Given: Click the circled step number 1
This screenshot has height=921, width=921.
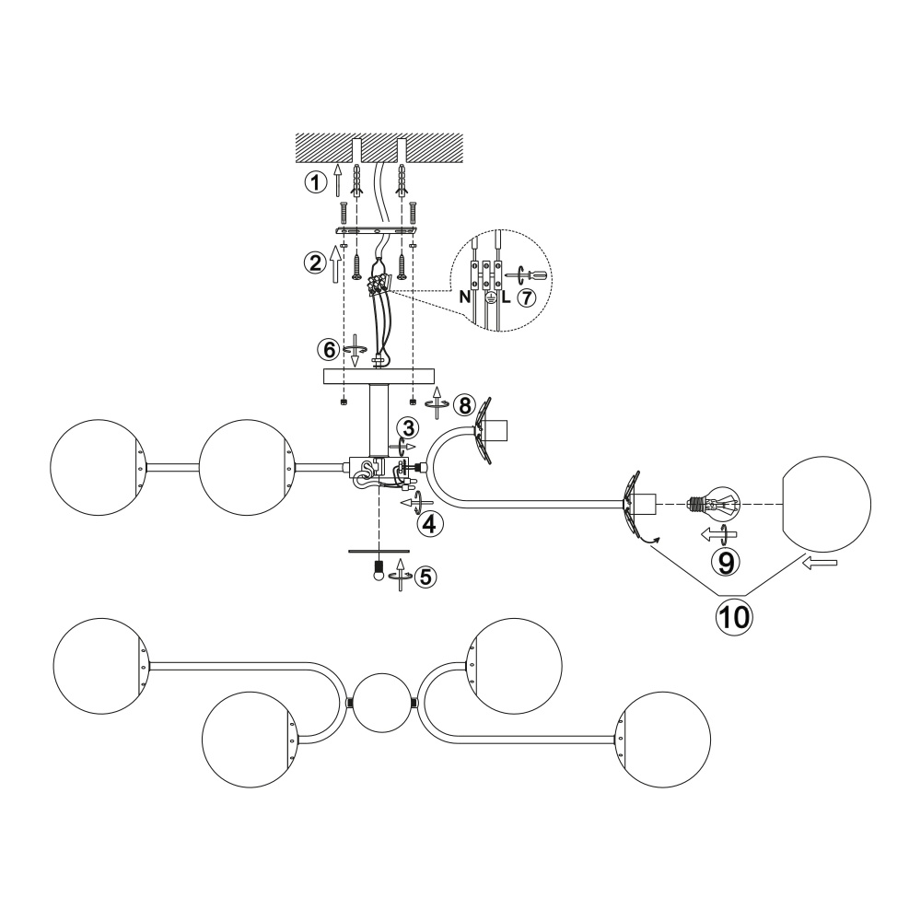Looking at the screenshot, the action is click(x=315, y=182).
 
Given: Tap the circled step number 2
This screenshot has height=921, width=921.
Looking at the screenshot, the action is click(x=315, y=262).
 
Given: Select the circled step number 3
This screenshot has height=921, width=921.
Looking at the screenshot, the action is click(x=408, y=427).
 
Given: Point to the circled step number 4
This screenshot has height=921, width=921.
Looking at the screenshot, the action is click(x=429, y=524).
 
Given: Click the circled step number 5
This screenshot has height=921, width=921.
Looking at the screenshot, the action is click(x=426, y=577).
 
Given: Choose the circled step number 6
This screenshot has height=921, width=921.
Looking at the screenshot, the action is click(x=329, y=350).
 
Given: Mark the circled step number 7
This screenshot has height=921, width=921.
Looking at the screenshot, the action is click(x=526, y=297).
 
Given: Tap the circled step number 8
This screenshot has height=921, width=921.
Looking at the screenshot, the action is click(x=464, y=405).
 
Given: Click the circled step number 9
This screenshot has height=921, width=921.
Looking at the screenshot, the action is click(x=726, y=563).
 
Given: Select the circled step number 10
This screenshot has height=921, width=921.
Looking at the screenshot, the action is click(x=734, y=617).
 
